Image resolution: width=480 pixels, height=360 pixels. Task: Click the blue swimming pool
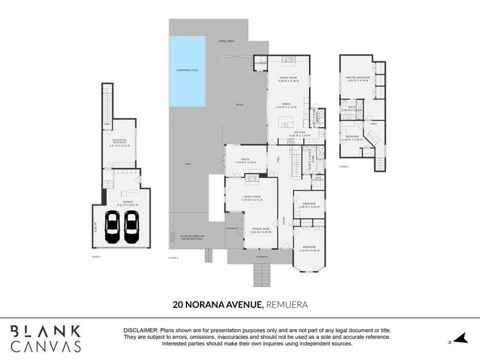(187, 70)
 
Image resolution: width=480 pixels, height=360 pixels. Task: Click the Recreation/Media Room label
(119, 142)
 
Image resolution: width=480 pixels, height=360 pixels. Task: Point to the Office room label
(245, 160)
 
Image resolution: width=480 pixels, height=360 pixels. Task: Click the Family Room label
(288, 79)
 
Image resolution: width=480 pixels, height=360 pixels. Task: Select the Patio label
(238, 104)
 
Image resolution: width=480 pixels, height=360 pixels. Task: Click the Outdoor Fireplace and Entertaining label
(192, 236)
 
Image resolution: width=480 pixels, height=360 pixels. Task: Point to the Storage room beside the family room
(260, 63)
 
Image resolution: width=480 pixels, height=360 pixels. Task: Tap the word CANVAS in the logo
(46, 347)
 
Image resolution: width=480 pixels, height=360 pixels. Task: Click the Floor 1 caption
(97, 256)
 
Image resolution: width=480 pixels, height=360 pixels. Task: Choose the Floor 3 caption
(343, 167)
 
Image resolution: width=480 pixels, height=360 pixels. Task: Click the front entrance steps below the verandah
(261, 275)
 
